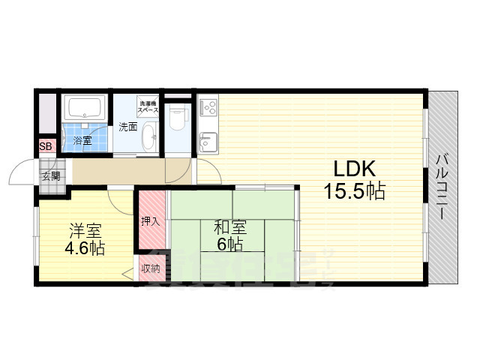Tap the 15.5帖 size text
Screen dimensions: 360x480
coord(354,191)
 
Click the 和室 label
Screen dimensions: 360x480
coord(230,226)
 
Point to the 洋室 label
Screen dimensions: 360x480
coord(87,230)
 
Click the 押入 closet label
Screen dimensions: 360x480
coord(151,221)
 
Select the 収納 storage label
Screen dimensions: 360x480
coord(151,268)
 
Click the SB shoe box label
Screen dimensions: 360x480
coord(46,147)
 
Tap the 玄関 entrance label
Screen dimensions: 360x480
coord(51,177)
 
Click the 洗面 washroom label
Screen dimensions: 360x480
coord(128,127)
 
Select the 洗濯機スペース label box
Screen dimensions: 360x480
coord(147,106)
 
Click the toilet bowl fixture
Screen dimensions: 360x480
coord(178,118)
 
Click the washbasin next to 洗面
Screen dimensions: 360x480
coord(148,138)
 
